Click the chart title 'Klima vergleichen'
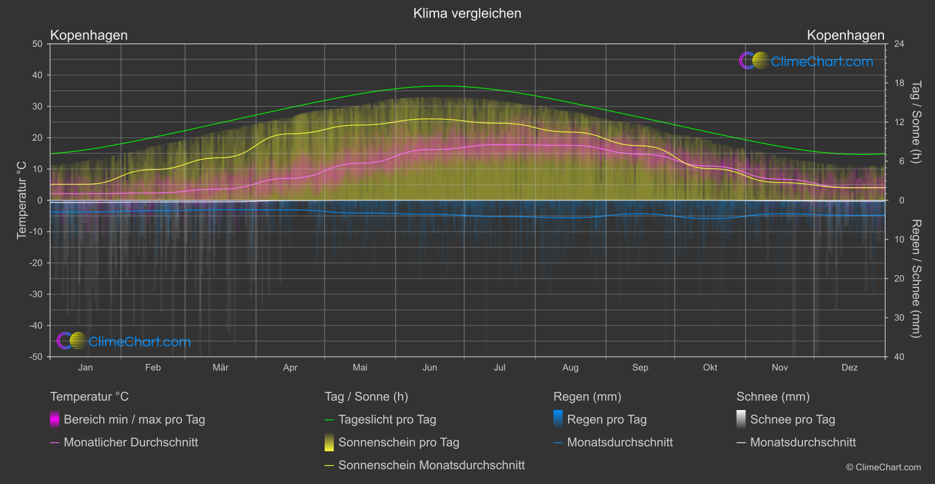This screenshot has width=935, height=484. [x=467, y=13]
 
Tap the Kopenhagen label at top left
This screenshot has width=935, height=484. [x=89, y=35]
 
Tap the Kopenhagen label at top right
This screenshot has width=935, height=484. [x=845, y=35]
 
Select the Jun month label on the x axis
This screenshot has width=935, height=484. [x=430, y=368]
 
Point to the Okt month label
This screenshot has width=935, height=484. [x=710, y=368]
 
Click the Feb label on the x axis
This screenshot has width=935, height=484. [x=153, y=368]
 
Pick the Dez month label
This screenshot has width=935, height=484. [x=849, y=368]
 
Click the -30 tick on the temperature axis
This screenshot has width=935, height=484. [x=36, y=295]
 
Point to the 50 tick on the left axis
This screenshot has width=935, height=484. [x=38, y=44]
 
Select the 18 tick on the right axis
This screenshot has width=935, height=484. [x=899, y=83]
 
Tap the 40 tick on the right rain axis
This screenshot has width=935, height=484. [x=899, y=357]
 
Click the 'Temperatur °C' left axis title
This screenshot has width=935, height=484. [x=22, y=200]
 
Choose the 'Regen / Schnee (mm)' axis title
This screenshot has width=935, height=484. [x=916, y=279]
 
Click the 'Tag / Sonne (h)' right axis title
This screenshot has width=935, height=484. [x=916, y=122]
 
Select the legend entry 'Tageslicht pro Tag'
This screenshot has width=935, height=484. [x=387, y=419]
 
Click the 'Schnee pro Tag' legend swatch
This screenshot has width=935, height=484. [x=741, y=419]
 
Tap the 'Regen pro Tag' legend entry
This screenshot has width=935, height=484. [x=607, y=419]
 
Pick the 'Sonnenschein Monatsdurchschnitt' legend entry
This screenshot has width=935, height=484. [x=431, y=465]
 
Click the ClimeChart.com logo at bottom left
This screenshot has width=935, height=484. [x=124, y=341]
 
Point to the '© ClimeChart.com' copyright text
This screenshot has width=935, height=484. [x=883, y=468]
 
